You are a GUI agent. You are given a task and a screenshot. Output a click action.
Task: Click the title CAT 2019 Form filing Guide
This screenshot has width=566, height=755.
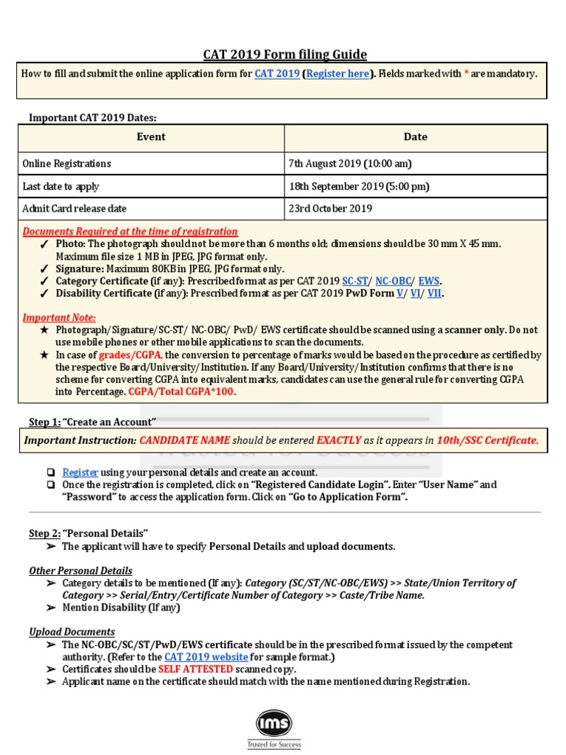tap(284, 55)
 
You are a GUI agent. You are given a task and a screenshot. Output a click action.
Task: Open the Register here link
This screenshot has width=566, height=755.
tap(338, 74)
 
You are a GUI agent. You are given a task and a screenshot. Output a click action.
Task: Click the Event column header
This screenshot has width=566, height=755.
tap(151, 137)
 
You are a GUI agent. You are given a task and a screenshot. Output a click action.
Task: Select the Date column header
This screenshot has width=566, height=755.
tap(415, 137)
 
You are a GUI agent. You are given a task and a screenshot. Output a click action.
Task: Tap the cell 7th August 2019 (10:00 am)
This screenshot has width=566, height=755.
tap(350, 164)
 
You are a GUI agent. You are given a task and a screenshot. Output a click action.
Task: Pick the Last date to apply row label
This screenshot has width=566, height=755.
tap(61, 187)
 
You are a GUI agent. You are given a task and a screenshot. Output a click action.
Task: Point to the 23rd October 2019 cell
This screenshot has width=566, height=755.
tap(330, 209)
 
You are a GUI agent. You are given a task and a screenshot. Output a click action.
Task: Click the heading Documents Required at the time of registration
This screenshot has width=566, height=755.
tap(130, 232)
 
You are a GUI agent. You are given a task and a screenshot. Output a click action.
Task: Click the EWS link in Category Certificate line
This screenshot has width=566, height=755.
tap(429, 282)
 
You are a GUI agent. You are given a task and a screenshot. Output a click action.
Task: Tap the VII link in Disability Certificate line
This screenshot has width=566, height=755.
tap(434, 293)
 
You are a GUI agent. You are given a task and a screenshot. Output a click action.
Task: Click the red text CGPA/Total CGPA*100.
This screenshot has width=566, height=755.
tap(182, 392)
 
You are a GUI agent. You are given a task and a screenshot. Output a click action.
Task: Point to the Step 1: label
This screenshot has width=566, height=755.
tap(44, 422)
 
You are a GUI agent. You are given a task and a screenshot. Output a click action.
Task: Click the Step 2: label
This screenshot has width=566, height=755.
tap(44, 533)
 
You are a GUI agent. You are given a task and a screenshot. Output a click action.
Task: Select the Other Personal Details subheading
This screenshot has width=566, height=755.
tap(81, 571)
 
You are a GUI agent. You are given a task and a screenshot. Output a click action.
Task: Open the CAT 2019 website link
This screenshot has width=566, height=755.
tap(206, 657)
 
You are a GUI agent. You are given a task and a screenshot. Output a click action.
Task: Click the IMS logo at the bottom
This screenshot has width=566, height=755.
tap(273, 725)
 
